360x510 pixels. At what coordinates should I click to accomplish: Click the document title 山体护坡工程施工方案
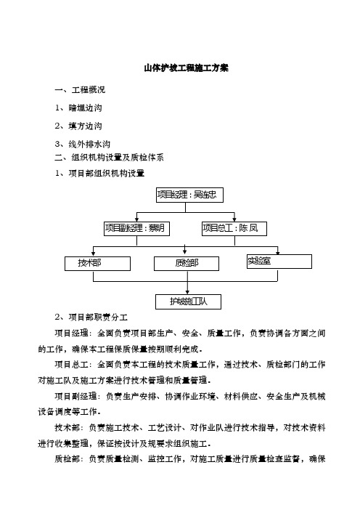tap(187, 68)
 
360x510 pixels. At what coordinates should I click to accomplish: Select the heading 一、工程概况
tap(80, 90)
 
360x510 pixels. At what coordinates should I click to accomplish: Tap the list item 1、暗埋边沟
tap(78, 108)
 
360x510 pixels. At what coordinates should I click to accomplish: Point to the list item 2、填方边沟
tap(78, 126)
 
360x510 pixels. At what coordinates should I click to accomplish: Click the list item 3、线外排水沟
tap(83, 144)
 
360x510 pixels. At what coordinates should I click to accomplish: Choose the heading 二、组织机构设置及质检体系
tap(109, 158)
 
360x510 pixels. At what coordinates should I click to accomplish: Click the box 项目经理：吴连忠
tap(189, 195)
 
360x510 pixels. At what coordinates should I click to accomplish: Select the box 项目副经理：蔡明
tap(136, 228)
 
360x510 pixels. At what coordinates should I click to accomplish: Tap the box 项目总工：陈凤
tap(234, 228)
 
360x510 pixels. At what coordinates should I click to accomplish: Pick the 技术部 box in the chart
tap(97, 264)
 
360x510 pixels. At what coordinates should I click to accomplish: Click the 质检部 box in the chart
tap(187, 264)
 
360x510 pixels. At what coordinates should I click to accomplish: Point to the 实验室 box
tap(279, 262)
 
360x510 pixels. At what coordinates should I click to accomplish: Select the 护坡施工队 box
tap(189, 301)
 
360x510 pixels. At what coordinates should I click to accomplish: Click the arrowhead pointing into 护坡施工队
tap(187, 292)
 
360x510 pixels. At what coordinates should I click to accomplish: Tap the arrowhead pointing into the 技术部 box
tap(94, 254)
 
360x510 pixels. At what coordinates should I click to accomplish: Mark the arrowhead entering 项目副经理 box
tap(136, 219)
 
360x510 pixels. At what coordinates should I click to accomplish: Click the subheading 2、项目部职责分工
tap(91, 317)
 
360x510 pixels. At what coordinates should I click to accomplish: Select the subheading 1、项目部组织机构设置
tap(99, 174)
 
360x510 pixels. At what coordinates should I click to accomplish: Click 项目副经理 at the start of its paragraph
tap(75, 396)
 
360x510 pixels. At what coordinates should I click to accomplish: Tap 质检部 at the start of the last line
tap(67, 459)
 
